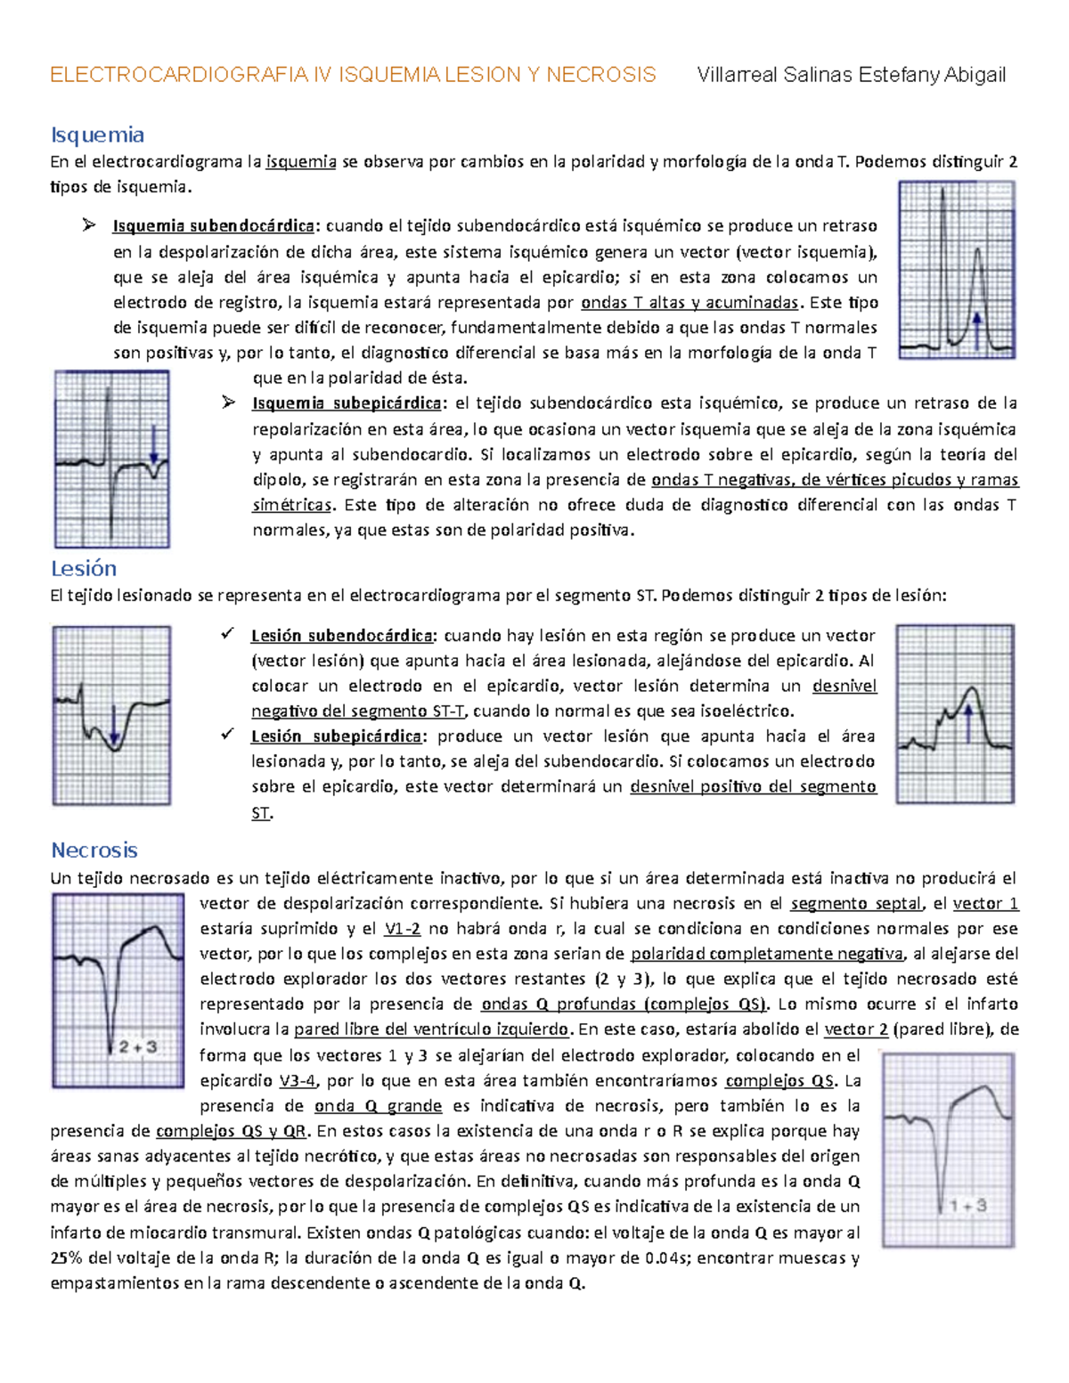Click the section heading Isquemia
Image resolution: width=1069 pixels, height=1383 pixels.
point(97,135)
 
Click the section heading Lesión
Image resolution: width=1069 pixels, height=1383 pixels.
point(84,569)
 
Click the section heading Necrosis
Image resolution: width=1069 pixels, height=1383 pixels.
point(94,850)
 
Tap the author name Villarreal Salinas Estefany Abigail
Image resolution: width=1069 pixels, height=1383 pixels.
point(851,75)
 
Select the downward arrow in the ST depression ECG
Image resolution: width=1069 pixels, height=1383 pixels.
point(114,725)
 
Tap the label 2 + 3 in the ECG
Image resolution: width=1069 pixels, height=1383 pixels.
point(138,1047)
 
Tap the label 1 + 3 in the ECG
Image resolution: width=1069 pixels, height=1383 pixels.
point(968,1206)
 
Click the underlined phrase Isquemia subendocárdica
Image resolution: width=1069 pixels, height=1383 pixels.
point(213,226)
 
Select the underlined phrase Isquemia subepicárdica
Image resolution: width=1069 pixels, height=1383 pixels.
point(347,403)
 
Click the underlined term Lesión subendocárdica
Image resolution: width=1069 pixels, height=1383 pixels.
point(342,636)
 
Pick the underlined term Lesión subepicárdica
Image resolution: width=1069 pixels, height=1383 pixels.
point(336,736)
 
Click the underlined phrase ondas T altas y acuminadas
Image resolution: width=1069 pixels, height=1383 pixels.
point(690,303)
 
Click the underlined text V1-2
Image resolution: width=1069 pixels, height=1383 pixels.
point(403,929)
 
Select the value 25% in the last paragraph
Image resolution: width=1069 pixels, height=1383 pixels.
point(65,1258)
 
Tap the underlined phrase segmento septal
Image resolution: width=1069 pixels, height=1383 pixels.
point(855,904)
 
